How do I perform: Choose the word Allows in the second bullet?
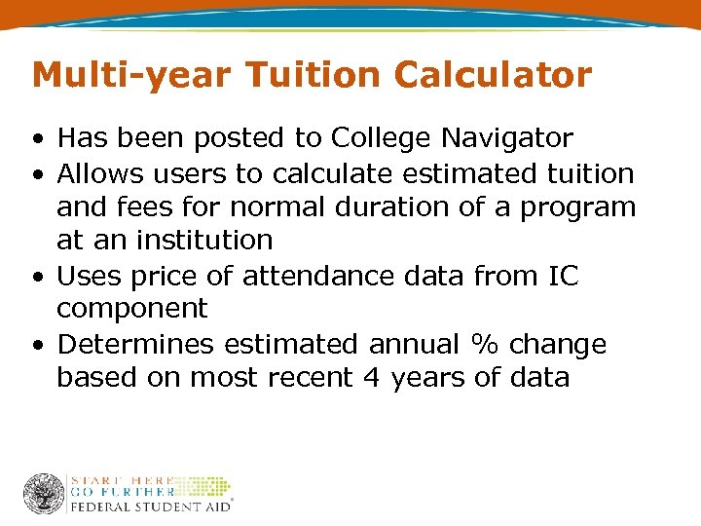click(x=102, y=174)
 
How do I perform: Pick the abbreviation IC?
click(x=562, y=276)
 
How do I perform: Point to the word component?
click(x=132, y=310)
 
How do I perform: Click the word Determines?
click(x=135, y=344)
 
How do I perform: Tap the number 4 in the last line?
click(x=371, y=377)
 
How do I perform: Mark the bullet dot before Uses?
click(x=36, y=277)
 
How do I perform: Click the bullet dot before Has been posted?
click(x=36, y=140)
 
